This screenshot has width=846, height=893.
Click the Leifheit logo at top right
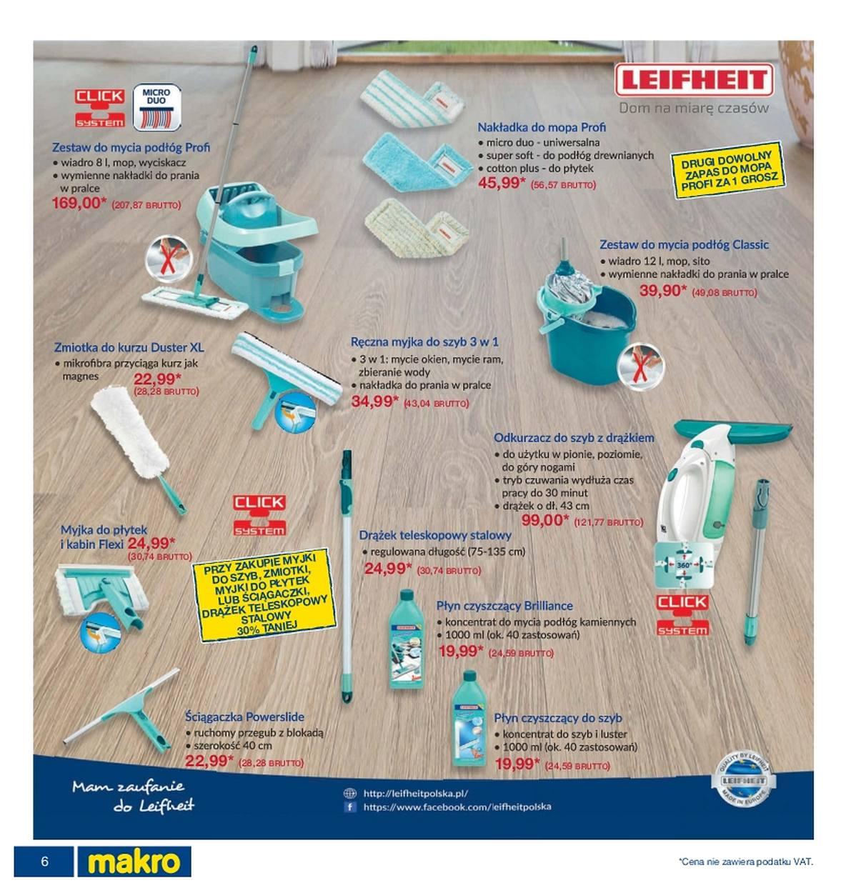click(693, 79)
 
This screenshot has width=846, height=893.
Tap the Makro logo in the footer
click(133, 861)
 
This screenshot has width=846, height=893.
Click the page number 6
click(44, 861)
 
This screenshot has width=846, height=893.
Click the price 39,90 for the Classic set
click(662, 290)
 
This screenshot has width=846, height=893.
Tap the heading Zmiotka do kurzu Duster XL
click(129, 347)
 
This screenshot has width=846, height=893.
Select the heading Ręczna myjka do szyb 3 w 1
click(424, 341)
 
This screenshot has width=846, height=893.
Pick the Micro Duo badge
click(156, 107)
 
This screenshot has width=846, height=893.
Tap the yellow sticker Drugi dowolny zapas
click(727, 169)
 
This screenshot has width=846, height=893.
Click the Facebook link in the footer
click(457, 807)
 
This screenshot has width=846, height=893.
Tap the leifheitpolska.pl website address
click(415, 793)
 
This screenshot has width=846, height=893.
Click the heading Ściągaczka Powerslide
click(244, 717)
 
